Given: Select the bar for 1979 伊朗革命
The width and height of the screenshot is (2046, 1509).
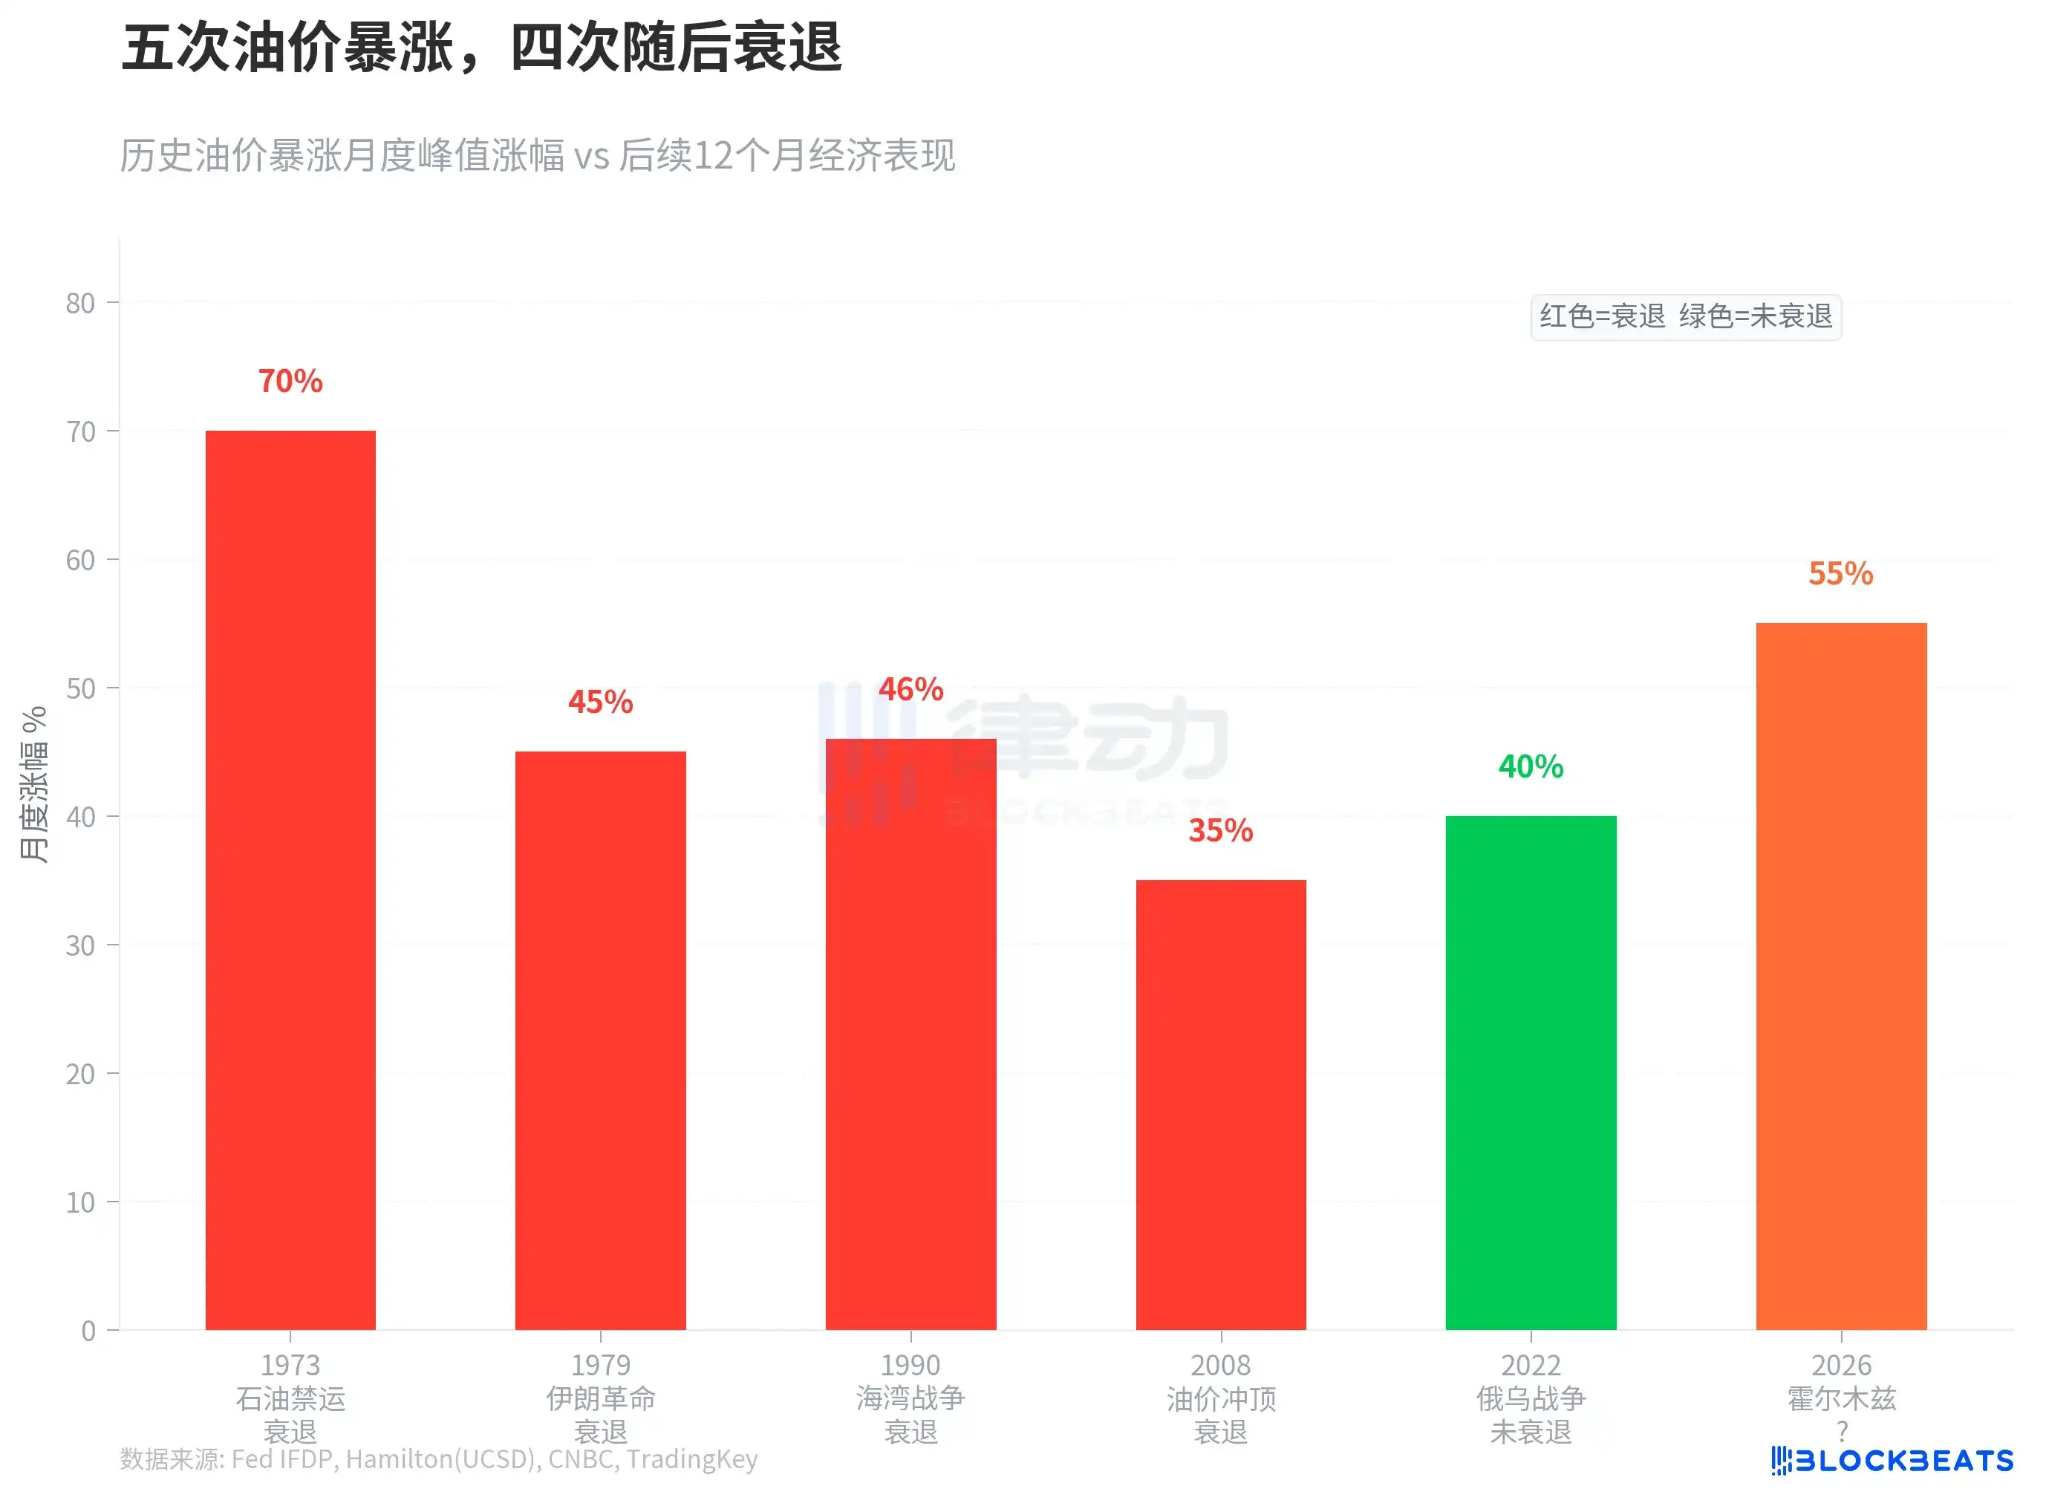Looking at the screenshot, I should (x=600, y=1040).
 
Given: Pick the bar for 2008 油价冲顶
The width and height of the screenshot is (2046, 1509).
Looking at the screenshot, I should (x=1220, y=1104).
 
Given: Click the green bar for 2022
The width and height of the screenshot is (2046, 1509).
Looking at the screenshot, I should (x=1531, y=1072).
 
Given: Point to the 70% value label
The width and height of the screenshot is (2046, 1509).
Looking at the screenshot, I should (x=290, y=381).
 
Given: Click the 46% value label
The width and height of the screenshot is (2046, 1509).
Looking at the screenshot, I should (x=910, y=688).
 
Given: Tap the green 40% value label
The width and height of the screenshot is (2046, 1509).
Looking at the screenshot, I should (x=1531, y=766).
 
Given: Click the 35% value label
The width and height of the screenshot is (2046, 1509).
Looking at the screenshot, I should (x=1220, y=830).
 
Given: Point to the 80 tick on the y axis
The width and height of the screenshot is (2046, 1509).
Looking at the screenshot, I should (x=80, y=303).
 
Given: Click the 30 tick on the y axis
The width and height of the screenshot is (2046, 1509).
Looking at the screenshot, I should (x=80, y=945).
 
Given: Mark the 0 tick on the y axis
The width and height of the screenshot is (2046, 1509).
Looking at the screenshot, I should (x=88, y=1331).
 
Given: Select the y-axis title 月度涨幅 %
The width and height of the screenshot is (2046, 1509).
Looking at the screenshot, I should (x=34, y=783).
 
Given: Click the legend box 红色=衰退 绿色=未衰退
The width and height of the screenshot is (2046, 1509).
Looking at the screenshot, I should (x=1685, y=316).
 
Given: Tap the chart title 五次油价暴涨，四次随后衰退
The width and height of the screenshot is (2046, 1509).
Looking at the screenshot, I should (x=481, y=48).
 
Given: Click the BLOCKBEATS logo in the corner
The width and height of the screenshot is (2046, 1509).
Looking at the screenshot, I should (x=1892, y=1461).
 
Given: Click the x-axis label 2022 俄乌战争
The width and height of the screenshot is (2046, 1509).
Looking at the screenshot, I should (x=1531, y=1398).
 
